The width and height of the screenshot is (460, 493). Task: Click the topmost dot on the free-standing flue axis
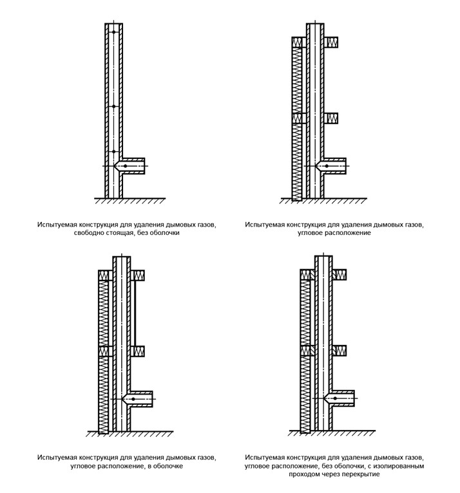pyautogui.click(x=113, y=32)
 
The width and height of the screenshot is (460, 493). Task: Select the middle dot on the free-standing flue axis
pyautogui.click(x=113, y=106)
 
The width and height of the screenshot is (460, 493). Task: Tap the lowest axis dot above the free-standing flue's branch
pyautogui.click(x=113, y=152)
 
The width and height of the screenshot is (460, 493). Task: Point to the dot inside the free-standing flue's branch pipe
pyautogui.click(x=126, y=166)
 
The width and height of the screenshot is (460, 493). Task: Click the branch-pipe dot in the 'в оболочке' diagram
pyautogui.click(x=133, y=399)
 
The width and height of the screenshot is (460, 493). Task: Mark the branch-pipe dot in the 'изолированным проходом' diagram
pyautogui.click(x=335, y=399)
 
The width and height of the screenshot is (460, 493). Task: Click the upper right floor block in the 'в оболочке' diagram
pyautogui.click(x=137, y=275)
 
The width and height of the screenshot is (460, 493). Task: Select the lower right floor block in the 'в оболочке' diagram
pyautogui.click(x=137, y=351)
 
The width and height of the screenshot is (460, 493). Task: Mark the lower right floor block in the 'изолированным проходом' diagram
pyautogui.click(x=339, y=351)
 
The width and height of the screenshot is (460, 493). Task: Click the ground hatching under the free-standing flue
pyautogui.click(x=129, y=201)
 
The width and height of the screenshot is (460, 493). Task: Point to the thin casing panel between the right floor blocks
pyautogui.click(x=134, y=313)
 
